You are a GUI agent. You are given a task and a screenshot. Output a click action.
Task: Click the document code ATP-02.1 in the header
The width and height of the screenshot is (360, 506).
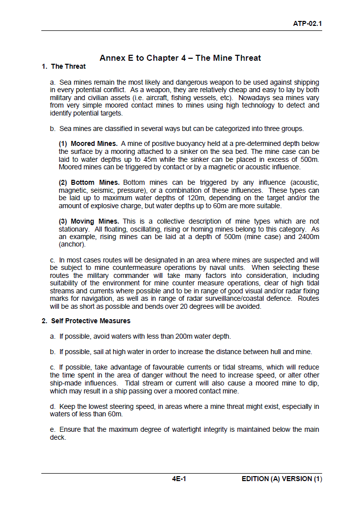tap(307, 23)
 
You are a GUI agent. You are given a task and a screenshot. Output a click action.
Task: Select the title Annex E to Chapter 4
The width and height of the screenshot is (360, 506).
tap(180, 58)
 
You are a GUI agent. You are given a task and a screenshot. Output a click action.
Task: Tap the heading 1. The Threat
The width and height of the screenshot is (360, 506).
tap(64, 66)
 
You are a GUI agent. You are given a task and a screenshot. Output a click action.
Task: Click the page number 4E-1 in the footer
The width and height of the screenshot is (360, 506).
tap(179, 479)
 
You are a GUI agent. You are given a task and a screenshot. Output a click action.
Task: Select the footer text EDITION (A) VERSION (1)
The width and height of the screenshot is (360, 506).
tap(282, 479)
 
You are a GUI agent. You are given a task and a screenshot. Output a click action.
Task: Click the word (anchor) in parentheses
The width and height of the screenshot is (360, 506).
tap(72, 245)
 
